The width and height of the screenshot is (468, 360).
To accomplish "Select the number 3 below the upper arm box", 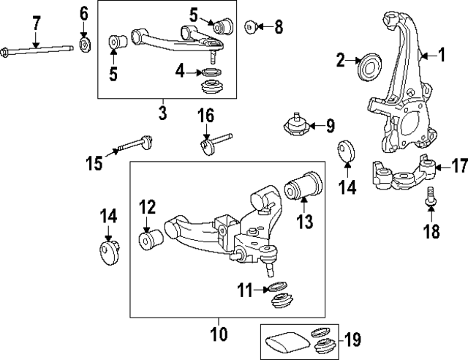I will point(162,113).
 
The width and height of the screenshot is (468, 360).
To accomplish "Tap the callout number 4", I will point(180,72).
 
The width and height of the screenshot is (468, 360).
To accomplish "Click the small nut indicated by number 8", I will point(251,28).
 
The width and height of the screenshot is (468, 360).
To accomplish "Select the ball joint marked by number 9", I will point(298,127).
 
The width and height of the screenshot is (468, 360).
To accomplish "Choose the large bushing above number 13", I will point(301,188).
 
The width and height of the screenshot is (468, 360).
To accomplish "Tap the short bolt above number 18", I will point(430,195).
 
